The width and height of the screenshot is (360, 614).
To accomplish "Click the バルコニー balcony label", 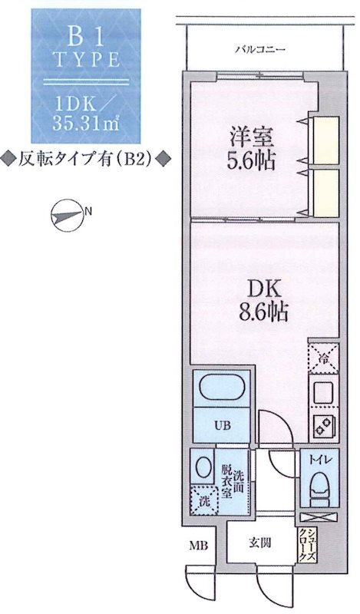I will pyautogui.click(x=260, y=51).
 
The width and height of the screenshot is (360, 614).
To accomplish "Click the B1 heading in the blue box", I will pyautogui.click(x=83, y=35).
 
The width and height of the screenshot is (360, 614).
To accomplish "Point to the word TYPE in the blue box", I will pyautogui.click(x=83, y=59).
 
